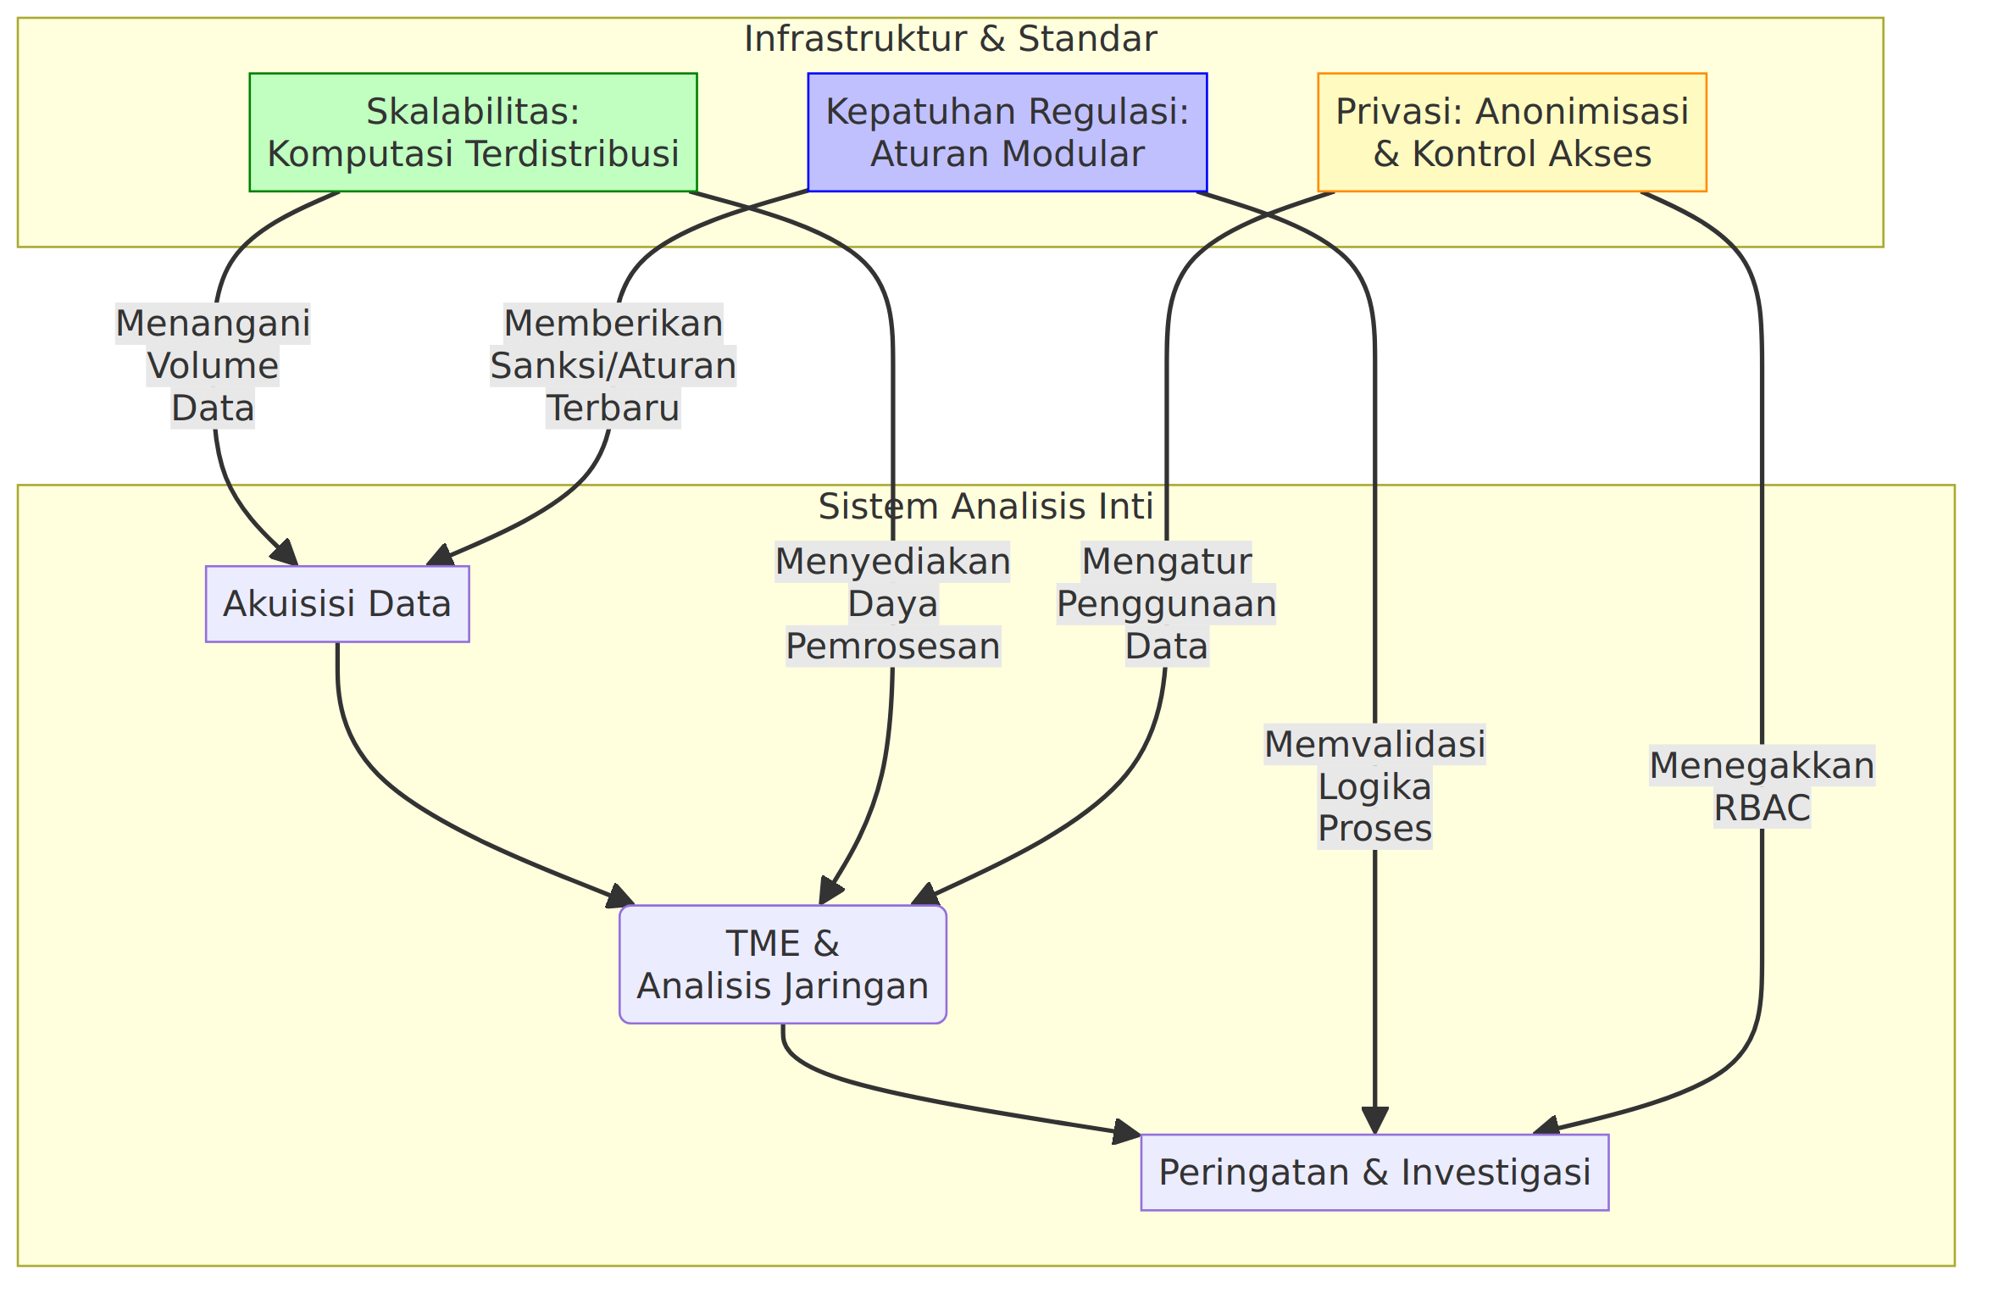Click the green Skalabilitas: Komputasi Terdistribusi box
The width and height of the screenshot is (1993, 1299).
click(473, 132)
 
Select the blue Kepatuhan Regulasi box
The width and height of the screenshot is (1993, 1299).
click(1008, 132)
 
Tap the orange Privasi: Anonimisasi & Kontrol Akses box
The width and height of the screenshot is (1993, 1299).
click(1512, 132)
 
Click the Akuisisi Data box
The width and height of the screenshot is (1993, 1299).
click(337, 604)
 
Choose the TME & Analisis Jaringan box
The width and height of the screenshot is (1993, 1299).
click(783, 964)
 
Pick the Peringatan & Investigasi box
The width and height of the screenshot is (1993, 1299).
click(1374, 1173)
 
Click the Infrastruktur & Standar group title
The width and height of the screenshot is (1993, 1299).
click(950, 39)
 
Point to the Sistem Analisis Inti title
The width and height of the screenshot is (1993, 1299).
click(985, 507)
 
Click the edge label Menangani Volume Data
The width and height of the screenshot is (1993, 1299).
click(213, 366)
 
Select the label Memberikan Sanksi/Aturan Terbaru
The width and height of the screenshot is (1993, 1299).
click(613, 366)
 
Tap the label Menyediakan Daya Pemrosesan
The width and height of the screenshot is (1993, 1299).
click(893, 604)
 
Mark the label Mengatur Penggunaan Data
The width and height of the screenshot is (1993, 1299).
click(1167, 604)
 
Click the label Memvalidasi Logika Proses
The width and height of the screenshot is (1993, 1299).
click(1374, 786)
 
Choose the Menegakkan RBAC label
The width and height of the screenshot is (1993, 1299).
click(1762, 786)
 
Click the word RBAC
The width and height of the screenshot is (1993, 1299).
click(1762, 808)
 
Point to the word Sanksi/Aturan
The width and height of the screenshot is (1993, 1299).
click(613, 366)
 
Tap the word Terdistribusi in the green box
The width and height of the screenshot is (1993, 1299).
click(574, 154)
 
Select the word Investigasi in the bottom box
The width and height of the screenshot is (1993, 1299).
click(1496, 1173)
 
